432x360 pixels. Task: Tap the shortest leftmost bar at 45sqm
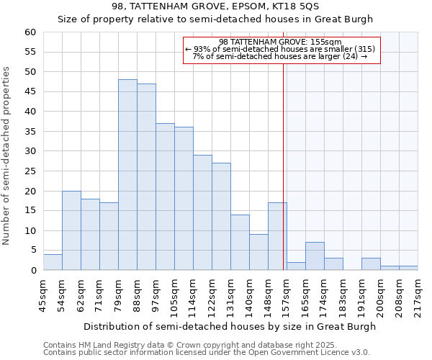[x=53, y=262]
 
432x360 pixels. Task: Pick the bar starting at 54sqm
[x=71, y=230]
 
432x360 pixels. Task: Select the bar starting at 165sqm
[x=315, y=256]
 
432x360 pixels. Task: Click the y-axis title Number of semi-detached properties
[x=7, y=155]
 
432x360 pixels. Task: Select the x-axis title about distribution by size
[x=230, y=326]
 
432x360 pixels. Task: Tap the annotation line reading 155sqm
[x=281, y=42]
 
